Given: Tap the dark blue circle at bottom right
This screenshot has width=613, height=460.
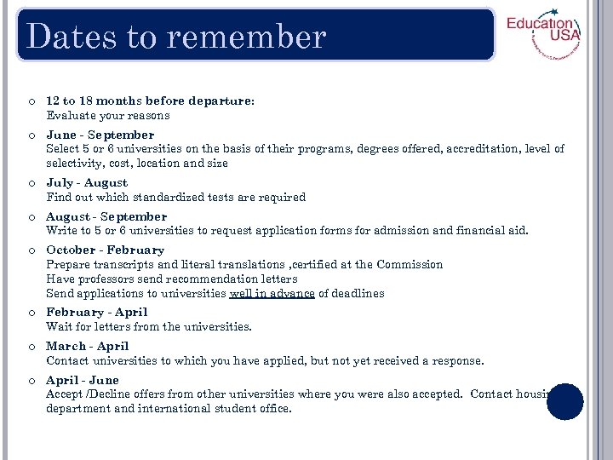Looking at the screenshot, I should coord(564,401).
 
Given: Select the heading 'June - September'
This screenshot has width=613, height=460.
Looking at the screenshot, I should coord(100,135).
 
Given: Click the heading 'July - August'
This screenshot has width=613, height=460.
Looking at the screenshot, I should coord(87,182).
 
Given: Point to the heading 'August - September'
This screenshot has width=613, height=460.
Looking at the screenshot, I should coord(106,216).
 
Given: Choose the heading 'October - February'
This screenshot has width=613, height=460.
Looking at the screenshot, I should coord(105,250).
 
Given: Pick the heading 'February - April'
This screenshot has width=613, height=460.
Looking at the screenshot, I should coord(97,312).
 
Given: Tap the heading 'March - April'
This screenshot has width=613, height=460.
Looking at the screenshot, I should coord(88,346).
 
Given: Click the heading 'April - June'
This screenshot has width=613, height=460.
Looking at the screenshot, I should coord(83,380).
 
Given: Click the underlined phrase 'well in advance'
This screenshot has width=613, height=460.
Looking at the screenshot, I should coord(272,293).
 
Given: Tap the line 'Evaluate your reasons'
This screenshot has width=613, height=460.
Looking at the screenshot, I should coord(108,115).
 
